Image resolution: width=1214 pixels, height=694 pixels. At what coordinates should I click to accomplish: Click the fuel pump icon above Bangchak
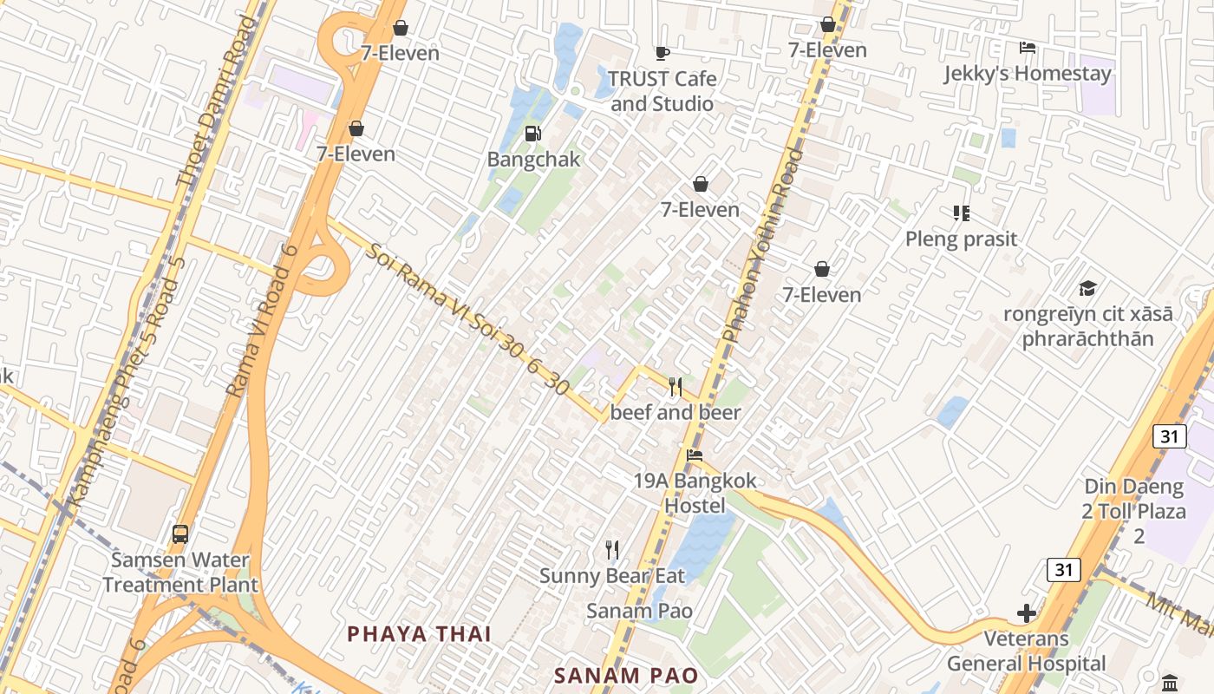point(533,134)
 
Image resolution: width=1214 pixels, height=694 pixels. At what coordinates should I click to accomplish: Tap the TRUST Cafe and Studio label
point(662,91)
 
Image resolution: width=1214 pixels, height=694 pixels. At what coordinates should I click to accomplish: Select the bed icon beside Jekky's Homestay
point(1028,48)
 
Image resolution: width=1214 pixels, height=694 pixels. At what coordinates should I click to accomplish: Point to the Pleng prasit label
point(961,239)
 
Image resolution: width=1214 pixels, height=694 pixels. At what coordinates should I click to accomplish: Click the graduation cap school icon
point(1087,289)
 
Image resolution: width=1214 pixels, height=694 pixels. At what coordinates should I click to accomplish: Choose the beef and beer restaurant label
point(676,412)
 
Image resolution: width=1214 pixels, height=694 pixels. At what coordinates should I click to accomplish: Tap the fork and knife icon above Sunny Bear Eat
point(612,549)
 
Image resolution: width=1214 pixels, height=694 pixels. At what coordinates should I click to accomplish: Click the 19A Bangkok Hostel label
point(695,493)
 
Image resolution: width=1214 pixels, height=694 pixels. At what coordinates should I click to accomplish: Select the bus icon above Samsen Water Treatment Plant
point(180,534)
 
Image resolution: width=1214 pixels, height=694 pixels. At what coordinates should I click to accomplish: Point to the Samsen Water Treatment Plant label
point(180,573)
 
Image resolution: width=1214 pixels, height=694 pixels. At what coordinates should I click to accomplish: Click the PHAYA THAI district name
point(420,634)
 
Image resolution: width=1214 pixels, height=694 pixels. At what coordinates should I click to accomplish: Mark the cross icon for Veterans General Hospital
point(1027,614)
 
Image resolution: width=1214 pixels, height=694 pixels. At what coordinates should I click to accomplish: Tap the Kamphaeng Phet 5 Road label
point(127,382)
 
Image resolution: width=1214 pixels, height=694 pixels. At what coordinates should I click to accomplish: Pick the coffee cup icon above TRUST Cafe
point(662,54)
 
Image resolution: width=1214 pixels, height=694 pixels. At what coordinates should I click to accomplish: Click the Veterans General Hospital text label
point(1026,651)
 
